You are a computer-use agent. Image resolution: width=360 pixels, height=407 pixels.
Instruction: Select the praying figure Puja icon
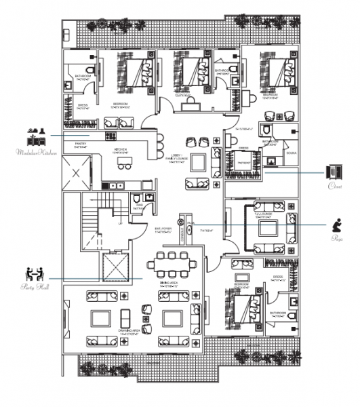coord(336,224)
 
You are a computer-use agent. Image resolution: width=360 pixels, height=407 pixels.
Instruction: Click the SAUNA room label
coord(292,154)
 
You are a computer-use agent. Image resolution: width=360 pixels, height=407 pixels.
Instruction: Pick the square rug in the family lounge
coord(199,163)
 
